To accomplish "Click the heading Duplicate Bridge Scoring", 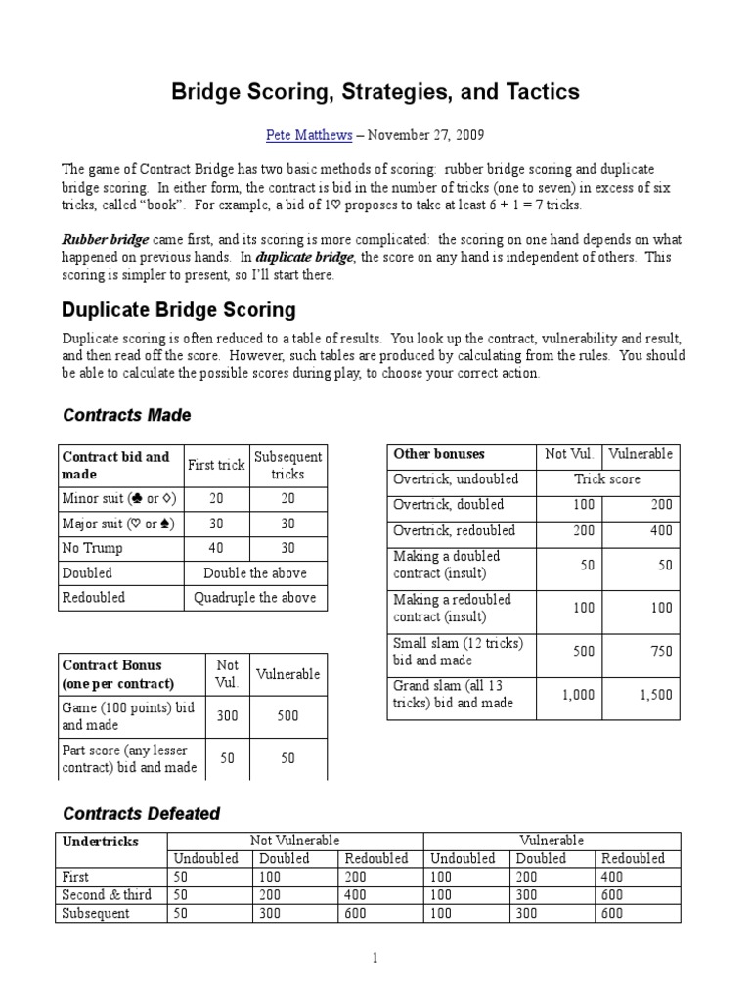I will click(x=179, y=310).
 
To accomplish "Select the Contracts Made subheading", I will click(x=127, y=415).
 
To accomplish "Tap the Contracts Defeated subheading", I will click(x=142, y=813).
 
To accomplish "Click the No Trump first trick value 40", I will click(x=216, y=548).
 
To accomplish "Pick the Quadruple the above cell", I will click(x=254, y=597).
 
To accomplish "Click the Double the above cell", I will click(x=254, y=572).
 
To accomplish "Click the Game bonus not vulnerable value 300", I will click(x=227, y=716).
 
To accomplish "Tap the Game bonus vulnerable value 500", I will click(x=287, y=716).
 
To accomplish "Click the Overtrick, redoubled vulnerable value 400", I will click(x=660, y=530).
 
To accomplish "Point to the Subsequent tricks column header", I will click(x=287, y=465).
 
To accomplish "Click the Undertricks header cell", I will click(x=101, y=842).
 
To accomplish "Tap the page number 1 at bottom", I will click(x=375, y=958).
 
